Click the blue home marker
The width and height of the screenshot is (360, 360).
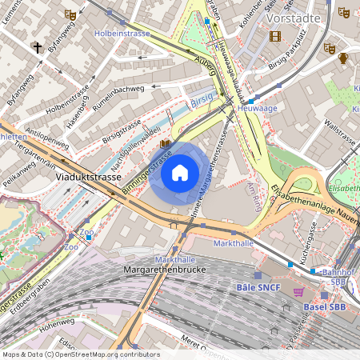[x=180, y=172]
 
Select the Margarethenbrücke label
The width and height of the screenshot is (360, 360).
[x=166, y=270]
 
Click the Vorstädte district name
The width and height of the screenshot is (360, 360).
[x=293, y=17]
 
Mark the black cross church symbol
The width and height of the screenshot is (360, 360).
[x=37, y=47]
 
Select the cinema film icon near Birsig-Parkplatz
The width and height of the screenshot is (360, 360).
[x=275, y=36]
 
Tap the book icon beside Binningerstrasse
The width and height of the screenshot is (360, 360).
[x=165, y=144]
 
